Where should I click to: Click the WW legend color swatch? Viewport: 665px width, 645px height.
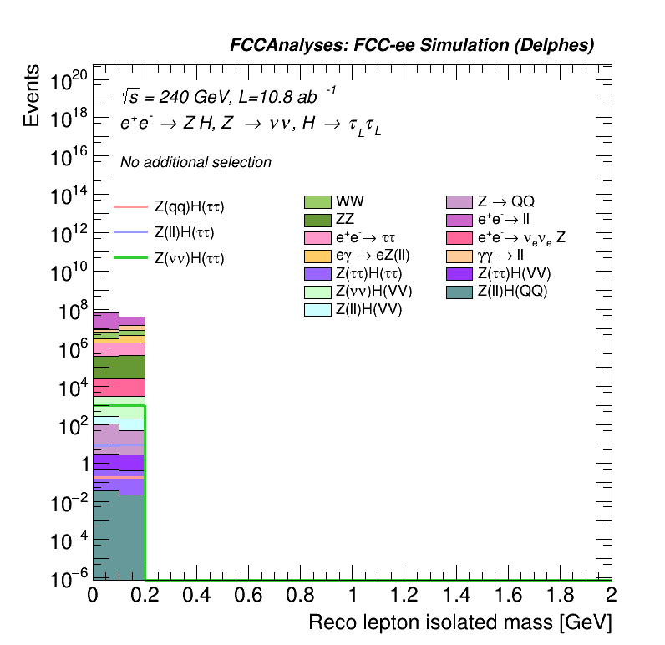click(x=317, y=202)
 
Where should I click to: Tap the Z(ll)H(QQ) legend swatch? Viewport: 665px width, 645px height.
click(x=461, y=292)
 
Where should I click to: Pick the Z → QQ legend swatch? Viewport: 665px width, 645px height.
click(x=461, y=202)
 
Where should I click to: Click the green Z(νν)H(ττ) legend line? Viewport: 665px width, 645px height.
click(x=130, y=258)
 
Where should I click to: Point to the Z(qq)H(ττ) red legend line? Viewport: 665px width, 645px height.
click(x=130, y=206)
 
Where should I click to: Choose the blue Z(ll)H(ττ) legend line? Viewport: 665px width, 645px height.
click(x=130, y=232)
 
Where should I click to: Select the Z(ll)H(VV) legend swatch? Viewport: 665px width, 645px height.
click(x=317, y=310)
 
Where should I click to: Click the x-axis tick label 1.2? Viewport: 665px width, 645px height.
click(x=404, y=595)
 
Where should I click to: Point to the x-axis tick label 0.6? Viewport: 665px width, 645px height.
click(x=248, y=595)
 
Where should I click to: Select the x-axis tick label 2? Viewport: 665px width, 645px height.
click(x=611, y=595)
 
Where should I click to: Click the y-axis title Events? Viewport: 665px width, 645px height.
click(x=32, y=97)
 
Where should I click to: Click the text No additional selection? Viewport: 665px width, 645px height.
click(x=195, y=162)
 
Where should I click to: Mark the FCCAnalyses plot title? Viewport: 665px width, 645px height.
click(x=412, y=46)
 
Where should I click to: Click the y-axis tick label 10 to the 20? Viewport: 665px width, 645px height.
click(x=69, y=81)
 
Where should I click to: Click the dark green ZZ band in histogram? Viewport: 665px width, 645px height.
click(x=119, y=368)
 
